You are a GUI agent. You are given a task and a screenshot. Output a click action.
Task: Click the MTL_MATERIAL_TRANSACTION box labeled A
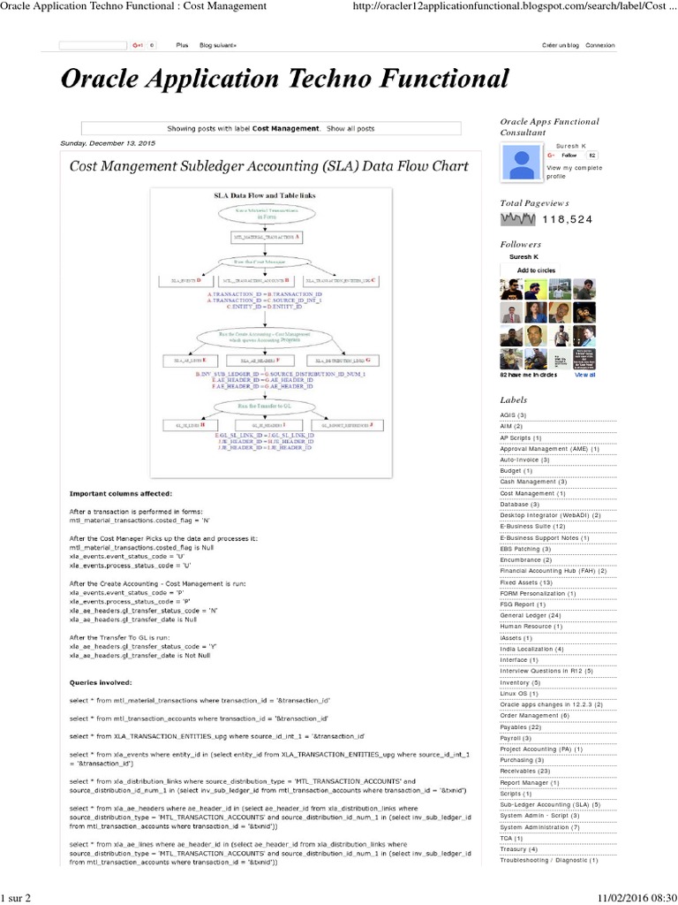pyautogui.click(x=266, y=238)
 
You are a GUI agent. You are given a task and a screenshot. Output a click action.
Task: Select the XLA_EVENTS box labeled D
pyautogui.click(x=182, y=280)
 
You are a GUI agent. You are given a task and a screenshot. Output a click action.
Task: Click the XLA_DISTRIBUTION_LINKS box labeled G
pyautogui.click(x=343, y=361)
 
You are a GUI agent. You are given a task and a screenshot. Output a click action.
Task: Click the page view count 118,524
pyautogui.click(x=568, y=220)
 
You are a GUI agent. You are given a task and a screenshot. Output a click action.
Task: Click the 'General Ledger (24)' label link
pyautogui.click(x=531, y=615)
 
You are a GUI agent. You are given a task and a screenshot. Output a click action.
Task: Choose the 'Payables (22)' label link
pyautogui.click(x=522, y=726)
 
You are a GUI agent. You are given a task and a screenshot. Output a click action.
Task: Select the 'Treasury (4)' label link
pyautogui.click(x=519, y=849)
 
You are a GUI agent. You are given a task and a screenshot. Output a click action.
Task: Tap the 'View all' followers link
pyautogui.click(x=585, y=375)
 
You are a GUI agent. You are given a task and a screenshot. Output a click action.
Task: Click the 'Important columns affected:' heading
pyautogui.click(x=121, y=492)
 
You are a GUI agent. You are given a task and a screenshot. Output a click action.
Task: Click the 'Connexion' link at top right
pyautogui.click(x=599, y=45)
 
